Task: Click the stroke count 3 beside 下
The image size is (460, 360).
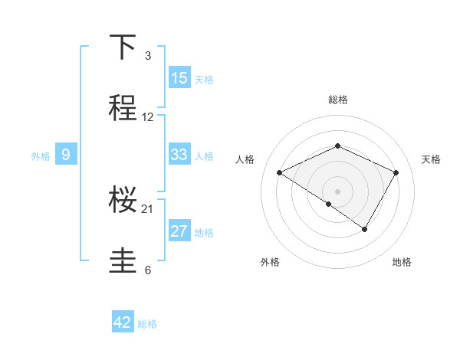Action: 148,56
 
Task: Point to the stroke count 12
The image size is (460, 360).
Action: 148,117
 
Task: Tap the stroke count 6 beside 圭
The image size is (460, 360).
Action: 148,270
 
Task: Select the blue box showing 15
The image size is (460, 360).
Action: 179,77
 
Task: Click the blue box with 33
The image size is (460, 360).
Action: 179,155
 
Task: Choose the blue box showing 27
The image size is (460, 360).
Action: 179,231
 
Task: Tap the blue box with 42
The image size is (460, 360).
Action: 123,322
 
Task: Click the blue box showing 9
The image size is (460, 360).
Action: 66,155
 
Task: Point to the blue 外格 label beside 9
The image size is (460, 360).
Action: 41,155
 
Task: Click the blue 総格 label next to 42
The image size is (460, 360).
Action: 147,324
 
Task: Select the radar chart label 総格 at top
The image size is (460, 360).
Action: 338,100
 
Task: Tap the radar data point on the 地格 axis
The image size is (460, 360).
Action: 365,229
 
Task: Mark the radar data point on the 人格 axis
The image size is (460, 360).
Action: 280,173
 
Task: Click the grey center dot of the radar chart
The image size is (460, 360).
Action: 338,191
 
